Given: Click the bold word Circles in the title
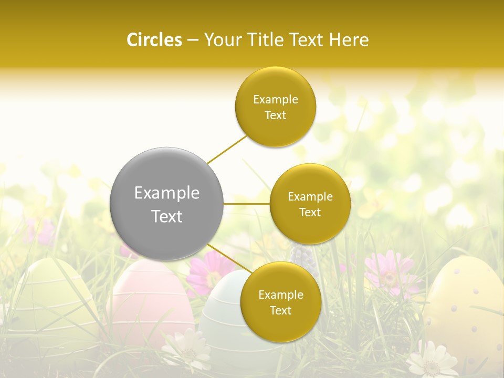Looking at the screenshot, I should [x=154, y=40].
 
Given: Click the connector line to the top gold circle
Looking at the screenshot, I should [x=227, y=149].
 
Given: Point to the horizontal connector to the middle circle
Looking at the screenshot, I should [x=246, y=203].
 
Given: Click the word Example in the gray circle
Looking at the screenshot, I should [x=166, y=193].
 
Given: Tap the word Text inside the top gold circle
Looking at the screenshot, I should [x=275, y=115].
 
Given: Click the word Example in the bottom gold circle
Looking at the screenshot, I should [x=280, y=295].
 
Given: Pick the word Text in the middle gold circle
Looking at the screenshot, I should [x=310, y=213].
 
